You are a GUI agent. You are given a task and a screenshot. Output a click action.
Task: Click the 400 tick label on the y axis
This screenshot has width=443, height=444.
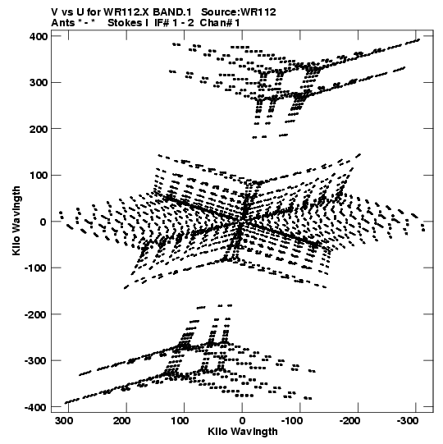coord(38,37)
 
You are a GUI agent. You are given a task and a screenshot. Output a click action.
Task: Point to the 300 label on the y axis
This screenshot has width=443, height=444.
coord(38,83)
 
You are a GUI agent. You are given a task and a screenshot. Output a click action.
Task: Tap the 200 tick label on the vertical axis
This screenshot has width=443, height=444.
coord(38,129)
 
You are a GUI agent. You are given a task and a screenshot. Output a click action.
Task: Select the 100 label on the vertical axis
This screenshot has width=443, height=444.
coord(38,176)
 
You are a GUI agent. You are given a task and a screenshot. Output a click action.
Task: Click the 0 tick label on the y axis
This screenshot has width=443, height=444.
coord(43,222)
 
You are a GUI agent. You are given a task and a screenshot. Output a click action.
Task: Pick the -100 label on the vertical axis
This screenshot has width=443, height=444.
coord(35,268)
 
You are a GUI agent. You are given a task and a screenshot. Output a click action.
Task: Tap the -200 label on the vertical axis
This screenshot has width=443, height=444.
coord(35,314)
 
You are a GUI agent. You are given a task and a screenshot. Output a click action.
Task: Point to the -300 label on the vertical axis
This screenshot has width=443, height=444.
coord(35,361)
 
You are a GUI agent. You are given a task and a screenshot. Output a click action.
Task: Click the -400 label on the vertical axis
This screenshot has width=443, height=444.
coord(35,407)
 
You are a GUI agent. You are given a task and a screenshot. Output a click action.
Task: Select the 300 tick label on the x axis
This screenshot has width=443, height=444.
coord(64,421)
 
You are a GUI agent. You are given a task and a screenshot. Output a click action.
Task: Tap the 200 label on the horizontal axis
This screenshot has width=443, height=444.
coord(122,421)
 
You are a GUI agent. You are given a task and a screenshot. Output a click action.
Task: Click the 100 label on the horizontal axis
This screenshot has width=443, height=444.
coord(180,421)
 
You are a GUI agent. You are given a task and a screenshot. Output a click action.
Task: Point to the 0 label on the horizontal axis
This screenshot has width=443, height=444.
coord(242,421)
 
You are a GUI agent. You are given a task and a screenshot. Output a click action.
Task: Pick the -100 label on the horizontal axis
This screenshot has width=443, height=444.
coord(292,421)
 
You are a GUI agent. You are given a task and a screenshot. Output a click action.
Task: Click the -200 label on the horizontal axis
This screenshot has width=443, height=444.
coord(350,421)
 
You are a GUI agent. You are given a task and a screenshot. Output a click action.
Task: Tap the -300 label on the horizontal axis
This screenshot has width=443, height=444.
coord(408,421)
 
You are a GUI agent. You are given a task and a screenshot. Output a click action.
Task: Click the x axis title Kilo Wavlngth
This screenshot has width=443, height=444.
coord(243,432)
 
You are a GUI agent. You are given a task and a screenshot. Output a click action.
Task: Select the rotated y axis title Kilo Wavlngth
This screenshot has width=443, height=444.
coord(16,221)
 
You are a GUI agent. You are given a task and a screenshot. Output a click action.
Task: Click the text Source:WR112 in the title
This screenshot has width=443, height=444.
coord(239,12)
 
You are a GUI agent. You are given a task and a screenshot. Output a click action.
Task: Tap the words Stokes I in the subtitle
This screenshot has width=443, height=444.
coord(128,23)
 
